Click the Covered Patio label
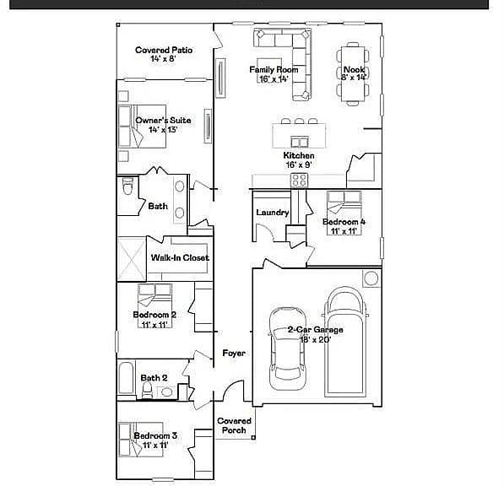164,50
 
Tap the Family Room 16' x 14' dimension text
274,79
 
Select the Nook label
354,69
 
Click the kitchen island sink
300,142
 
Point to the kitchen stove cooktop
299,180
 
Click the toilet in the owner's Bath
128,186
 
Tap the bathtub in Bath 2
126,378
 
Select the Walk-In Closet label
180,257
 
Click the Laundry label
273,213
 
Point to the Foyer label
234,354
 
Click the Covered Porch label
234,425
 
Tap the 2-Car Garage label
316,330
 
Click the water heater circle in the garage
371,278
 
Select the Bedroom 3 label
155,436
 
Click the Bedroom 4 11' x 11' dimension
344,231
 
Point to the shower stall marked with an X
132,259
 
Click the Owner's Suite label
163,121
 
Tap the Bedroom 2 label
154,315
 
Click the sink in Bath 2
166,392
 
